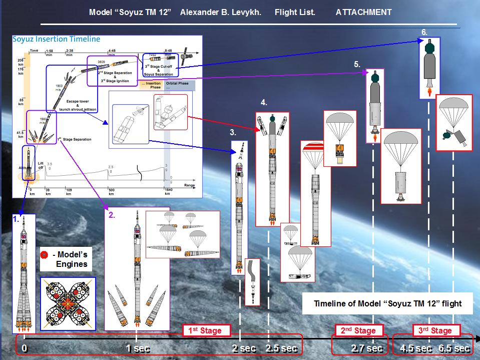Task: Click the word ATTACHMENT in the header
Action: pos(363,12)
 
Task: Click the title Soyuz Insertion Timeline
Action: pos(57,39)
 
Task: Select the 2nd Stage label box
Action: pos(358,330)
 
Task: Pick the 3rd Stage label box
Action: pos(434,330)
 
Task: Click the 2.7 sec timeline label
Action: pos(367,348)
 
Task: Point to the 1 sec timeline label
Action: pos(136,348)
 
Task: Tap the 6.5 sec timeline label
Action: pos(454,348)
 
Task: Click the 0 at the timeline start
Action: pos(24,348)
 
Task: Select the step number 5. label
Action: pos(357,64)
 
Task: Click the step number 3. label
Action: pos(233,133)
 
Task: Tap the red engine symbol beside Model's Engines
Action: pos(45,254)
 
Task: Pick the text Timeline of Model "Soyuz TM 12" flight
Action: pos(387,303)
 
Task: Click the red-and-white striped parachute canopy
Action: pos(315,147)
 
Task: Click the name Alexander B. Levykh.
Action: pos(221,12)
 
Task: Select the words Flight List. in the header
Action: pos(295,12)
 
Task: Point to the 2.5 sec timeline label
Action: pos(282,348)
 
